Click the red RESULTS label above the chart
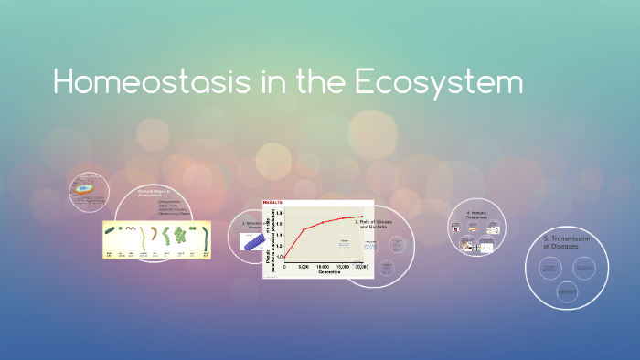[x=273, y=202]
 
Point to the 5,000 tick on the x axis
[x=304, y=267]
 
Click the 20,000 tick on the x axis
[x=362, y=267]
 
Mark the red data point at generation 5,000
[x=304, y=228]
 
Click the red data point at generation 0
[x=284, y=257]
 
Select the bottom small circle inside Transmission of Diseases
[x=567, y=291]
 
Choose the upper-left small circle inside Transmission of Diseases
[x=549, y=268]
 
